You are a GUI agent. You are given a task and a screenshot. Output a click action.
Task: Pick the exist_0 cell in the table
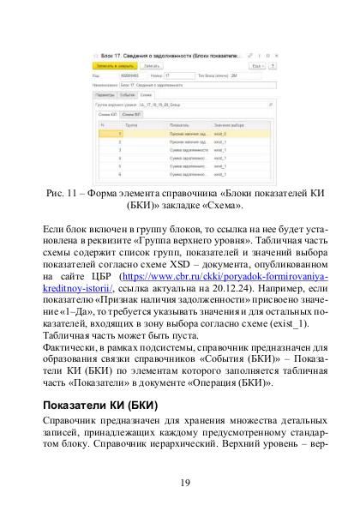click(x=222, y=133)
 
